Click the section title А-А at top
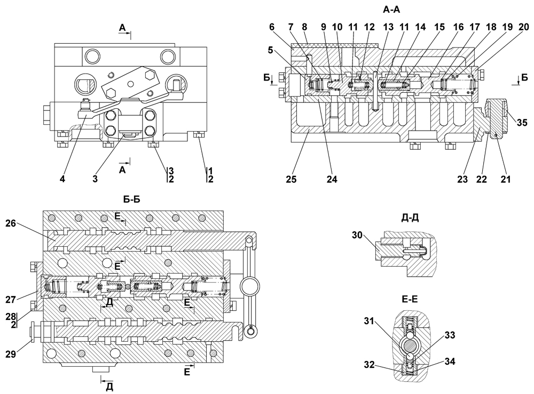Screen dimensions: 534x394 pyautogui.click(x=391, y=10)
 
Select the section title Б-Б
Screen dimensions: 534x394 pyautogui.click(x=131, y=199)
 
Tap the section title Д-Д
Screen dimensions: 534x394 pyautogui.click(x=410, y=218)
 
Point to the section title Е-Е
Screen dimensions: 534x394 pyautogui.click(x=410, y=299)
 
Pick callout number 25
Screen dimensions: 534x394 pyautogui.click(x=291, y=179)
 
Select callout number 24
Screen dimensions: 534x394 pyautogui.click(x=332, y=179)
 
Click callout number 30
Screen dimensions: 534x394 pyautogui.click(x=357, y=235)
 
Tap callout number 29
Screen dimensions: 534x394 pyautogui.click(x=11, y=354)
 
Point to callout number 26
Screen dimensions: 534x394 pyautogui.click(x=11, y=223)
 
